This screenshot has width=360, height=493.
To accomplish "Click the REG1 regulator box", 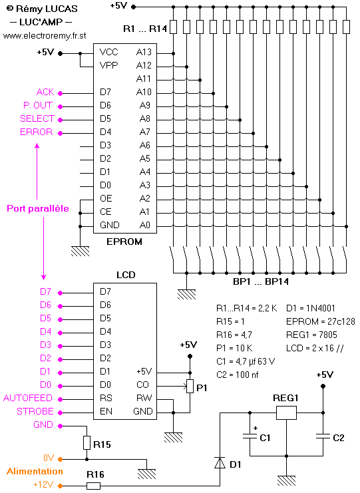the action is [x=286, y=412].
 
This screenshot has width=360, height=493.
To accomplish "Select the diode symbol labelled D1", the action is [x=220, y=463].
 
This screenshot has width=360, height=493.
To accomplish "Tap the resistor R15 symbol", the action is [x=87, y=442].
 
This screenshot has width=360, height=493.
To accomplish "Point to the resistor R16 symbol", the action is [x=93, y=486].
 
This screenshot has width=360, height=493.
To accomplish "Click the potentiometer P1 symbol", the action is [x=190, y=386].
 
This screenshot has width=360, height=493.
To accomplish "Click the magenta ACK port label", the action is [x=45, y=92].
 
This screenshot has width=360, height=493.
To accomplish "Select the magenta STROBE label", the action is [x=35, y=412].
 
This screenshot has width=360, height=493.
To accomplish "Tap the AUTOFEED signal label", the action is [x=28, y=398].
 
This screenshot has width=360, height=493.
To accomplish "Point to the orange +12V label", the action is [x=43, y=484].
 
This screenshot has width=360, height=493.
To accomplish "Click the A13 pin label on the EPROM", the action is [x=144, y=52].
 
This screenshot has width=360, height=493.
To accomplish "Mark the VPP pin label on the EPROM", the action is [x=108, y=65].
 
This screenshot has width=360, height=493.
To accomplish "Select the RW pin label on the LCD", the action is [x=144, y=398].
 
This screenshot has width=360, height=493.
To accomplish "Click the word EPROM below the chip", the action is [x=124, y=242].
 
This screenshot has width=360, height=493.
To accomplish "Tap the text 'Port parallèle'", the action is [x=38, y=209].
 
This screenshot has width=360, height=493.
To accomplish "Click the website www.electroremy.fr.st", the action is [x=45, y=36].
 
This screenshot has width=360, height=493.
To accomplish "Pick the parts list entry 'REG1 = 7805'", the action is [x=311, y=335].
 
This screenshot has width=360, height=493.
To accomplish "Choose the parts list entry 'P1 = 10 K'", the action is [x=234, y=349].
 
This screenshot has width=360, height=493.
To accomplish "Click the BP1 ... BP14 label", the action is [x=261, y=281].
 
